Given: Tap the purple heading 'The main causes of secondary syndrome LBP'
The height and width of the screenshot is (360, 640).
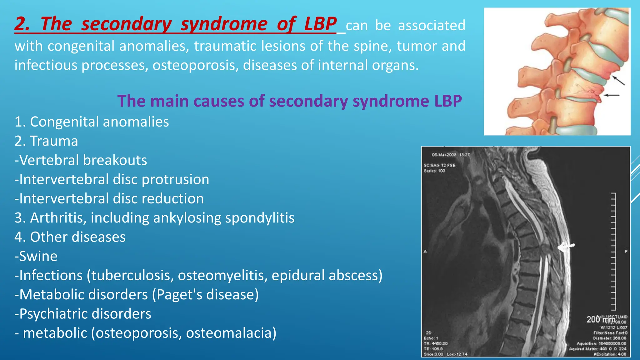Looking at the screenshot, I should (x=289, y=101).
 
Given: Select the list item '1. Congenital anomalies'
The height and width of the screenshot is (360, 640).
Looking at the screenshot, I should (x=92, y=122).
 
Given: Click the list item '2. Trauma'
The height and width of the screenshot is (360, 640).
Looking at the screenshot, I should (x=46, y=141).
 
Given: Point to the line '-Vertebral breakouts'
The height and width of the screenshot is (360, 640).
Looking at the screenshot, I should (x=81, y=160).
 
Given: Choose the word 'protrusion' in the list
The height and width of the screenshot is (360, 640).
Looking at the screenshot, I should (x=175, y=180).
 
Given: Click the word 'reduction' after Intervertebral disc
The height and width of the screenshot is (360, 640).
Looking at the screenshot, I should (x=172, y=199).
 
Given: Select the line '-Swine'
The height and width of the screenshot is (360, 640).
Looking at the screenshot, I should (x=36, y=257).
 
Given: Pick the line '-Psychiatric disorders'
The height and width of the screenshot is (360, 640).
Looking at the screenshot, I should (x=83, y=314).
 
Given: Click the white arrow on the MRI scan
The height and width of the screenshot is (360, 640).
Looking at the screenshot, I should (x=566, y=247).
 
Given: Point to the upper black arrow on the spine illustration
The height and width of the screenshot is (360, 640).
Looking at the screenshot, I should (x=618, y=80).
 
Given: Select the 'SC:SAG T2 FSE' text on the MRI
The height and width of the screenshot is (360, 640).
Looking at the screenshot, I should (x=439, y=165).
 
